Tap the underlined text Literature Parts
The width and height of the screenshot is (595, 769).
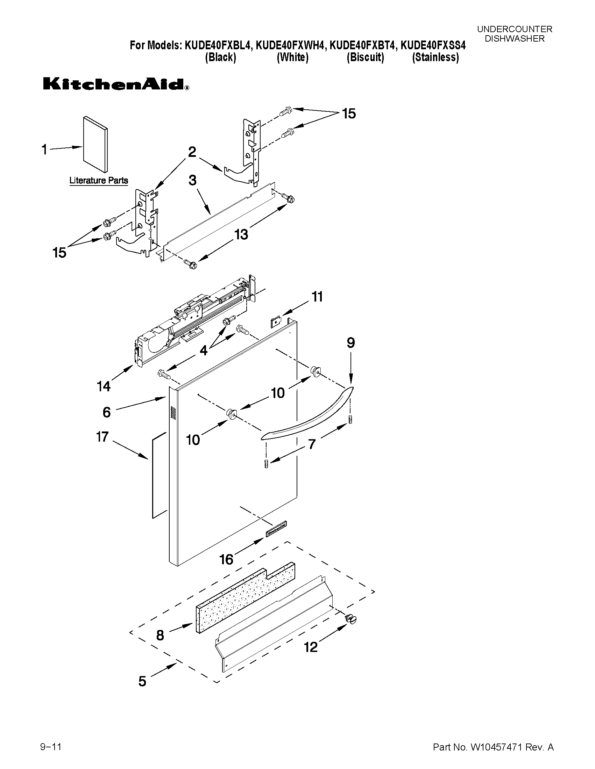[x=99, y=181]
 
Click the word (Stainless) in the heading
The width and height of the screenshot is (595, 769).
[x=436, y=57]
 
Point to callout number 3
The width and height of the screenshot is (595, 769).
[x=192, y=180]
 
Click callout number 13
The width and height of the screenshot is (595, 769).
[x=241, y=234]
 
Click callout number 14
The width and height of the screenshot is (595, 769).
[x=104, y=386]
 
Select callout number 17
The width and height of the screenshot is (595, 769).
[x=102, y=437]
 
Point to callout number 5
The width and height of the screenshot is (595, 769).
[x=142, y=681]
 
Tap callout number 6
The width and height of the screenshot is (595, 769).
[x=107, y=412]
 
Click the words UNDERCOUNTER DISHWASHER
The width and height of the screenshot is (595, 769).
[x=514, y=34]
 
